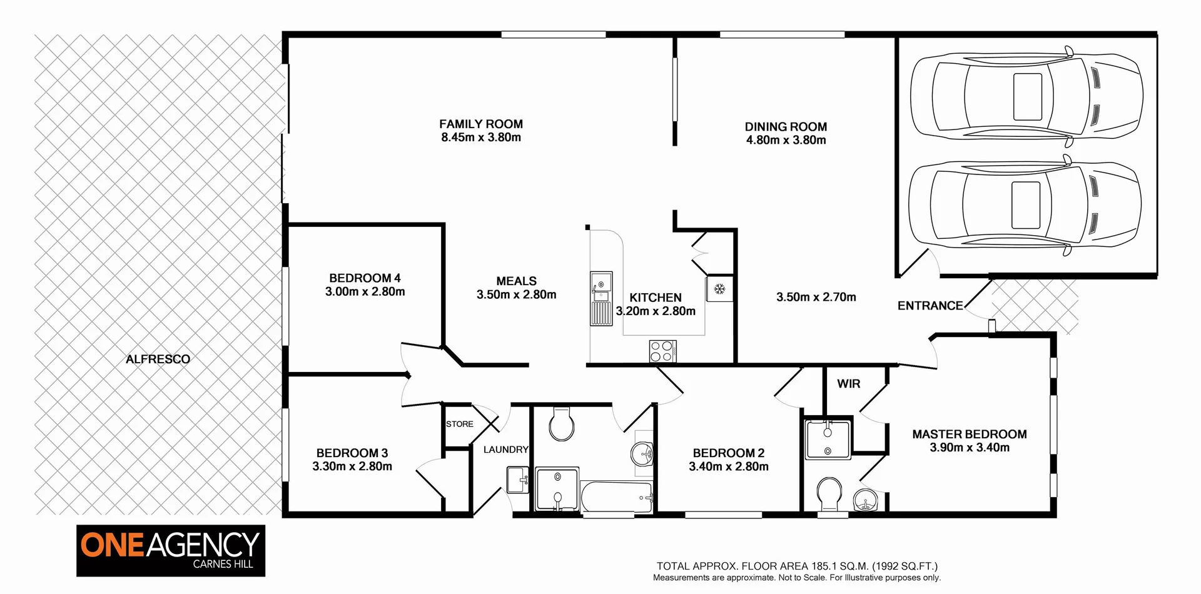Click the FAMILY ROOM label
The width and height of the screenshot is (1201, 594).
[480, 124]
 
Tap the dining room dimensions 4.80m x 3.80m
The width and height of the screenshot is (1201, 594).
[786, 140]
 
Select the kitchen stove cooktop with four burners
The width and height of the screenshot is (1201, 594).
[662, 351]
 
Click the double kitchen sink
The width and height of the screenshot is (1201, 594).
[601, 299]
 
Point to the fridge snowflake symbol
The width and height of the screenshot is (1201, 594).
[719, 289]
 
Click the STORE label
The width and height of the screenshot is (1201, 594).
[459, 424]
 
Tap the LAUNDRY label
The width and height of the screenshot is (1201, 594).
[505, 449]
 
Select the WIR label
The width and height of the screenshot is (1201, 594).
[848, 384]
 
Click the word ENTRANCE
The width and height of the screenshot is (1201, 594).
[930, 306]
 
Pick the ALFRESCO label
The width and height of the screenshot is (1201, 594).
[158, 359]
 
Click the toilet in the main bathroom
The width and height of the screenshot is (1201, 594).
[561, 425]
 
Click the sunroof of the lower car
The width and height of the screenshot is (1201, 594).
[1026, 205]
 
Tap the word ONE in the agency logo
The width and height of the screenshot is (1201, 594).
[112, 545]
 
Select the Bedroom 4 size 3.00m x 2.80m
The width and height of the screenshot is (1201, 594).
[365, 291]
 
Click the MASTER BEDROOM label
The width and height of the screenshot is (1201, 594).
[969, 434]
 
